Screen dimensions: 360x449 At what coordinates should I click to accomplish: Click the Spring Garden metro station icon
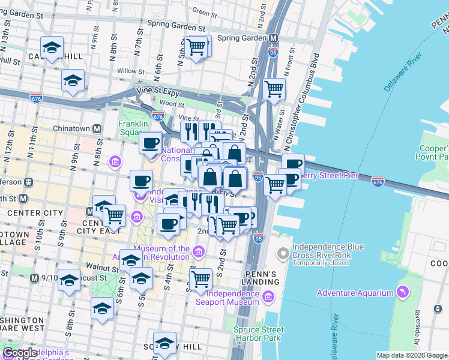click(274, 38)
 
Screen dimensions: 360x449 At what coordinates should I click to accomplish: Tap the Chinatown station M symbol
click(97, 128)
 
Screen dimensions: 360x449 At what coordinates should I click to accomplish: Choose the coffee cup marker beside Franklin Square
click(150, 143)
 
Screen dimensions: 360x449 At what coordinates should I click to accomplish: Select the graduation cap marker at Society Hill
click(164, 343)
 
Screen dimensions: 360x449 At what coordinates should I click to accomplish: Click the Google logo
click(19, 353)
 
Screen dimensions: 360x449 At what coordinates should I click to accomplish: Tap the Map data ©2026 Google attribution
click(412, 355)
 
